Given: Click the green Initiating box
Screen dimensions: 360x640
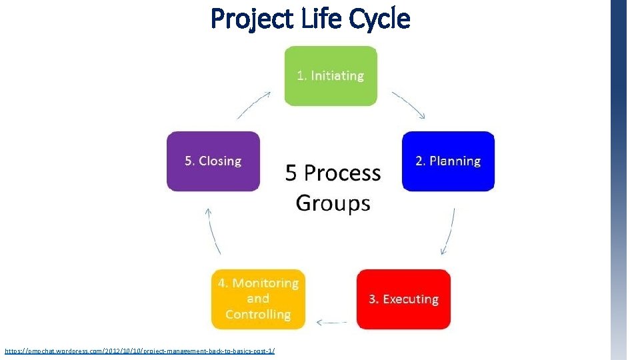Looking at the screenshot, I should click(x=331, y=76).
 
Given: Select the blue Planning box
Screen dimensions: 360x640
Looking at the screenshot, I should click(x=448, y=161).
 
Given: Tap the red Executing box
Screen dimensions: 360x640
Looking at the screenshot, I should click(x=403, y=299).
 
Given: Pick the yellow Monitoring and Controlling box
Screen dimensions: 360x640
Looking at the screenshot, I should click(x=258, y=299).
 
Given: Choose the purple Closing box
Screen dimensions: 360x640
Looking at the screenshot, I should click(x=213, y=161).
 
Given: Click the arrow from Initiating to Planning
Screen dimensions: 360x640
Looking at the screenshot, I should click(x=409, y=105).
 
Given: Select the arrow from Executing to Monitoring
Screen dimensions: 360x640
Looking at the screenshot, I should click(x=331, y=323).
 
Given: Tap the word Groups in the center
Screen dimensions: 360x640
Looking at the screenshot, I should click(x=333, y=202).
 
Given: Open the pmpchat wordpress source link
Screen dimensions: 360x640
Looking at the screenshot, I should click(x=139, y=351).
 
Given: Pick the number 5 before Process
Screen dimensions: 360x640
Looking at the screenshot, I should click(x=291, y=173).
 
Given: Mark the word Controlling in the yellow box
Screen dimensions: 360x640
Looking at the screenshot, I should click(x=258, y=315).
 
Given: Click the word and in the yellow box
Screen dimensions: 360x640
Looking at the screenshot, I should click(x=258, y=299).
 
